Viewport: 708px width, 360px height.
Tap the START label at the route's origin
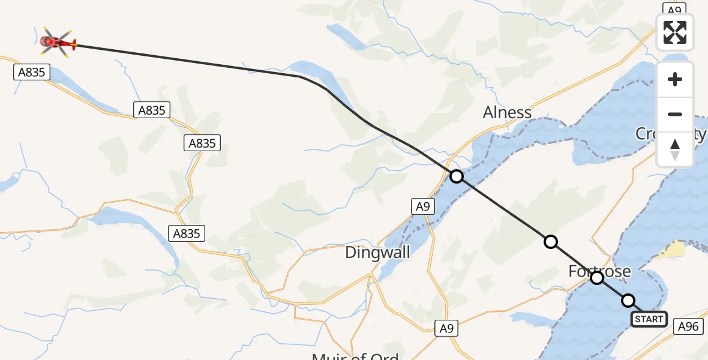(649, 319)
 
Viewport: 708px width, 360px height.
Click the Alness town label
(508, 112)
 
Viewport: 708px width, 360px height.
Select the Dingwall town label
(377, 253)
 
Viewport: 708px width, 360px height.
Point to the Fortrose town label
(599, 272)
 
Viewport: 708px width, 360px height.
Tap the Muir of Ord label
(355, 356)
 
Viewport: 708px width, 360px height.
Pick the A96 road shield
(688, 326)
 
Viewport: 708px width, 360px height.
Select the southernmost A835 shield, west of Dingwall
(186, 233)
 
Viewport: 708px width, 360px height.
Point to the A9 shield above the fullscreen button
(674, 9)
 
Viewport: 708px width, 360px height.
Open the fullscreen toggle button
(675, 32)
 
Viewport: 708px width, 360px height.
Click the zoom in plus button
(675, 79)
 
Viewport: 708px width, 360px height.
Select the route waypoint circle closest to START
(628, 300)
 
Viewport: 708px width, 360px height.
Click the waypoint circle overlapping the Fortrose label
(596, 278)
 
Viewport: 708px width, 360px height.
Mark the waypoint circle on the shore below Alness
(457, 176)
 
